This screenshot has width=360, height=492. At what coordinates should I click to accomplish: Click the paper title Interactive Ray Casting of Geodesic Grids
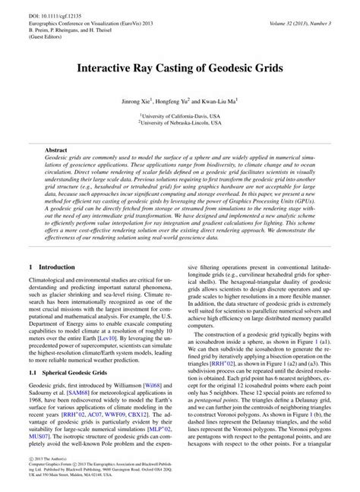coord(180,67)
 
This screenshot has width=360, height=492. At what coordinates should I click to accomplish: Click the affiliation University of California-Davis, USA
coord(180,112)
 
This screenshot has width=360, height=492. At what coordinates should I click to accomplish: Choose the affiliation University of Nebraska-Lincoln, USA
coord(180,120)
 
